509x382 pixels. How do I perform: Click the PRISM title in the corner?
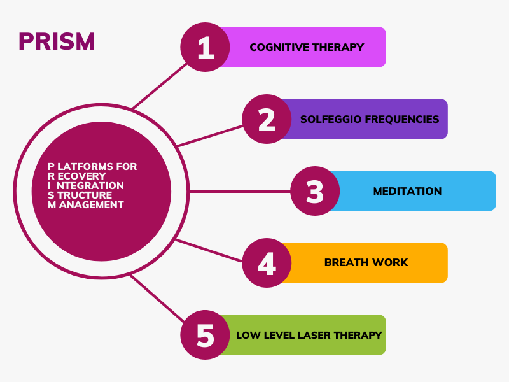57,41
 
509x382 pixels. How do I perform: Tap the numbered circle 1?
205,47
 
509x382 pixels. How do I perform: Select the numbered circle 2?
267,119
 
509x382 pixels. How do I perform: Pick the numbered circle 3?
315,191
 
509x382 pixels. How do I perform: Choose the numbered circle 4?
267,263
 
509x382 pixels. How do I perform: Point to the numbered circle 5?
205,335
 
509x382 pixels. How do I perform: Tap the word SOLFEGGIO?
331,119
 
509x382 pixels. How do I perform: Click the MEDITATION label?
407,191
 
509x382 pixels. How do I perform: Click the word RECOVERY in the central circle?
77,176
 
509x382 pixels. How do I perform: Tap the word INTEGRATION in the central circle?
86,186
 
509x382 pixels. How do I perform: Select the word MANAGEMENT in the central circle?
86,205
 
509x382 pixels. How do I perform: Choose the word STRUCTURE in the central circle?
80,195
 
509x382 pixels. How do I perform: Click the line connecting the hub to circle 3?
240,192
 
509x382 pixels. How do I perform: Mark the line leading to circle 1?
160,86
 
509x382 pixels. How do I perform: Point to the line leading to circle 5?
157,299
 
